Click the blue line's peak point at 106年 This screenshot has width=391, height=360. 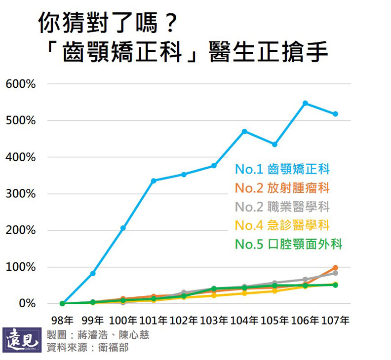point(305,103)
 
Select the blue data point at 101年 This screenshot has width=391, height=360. point(154,180)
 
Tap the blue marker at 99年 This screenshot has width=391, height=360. point(93,273)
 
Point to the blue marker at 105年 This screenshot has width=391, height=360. point(274,144)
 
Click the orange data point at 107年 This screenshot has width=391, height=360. point(335,268)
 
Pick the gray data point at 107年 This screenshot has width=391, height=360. point(335,273)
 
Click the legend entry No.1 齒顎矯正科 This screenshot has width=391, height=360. point(282,170)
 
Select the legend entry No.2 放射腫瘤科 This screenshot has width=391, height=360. point(282,188)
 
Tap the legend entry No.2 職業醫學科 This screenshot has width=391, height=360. point(282,207)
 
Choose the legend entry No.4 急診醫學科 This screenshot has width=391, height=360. point(282,225)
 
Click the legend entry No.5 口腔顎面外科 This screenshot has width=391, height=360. point(288,244)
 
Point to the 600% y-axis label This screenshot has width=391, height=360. point(21,84)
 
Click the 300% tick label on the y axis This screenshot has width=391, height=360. point(21,194)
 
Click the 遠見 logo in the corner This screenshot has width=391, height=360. point(22,339)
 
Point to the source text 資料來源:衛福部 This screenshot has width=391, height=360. point(87,347)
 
